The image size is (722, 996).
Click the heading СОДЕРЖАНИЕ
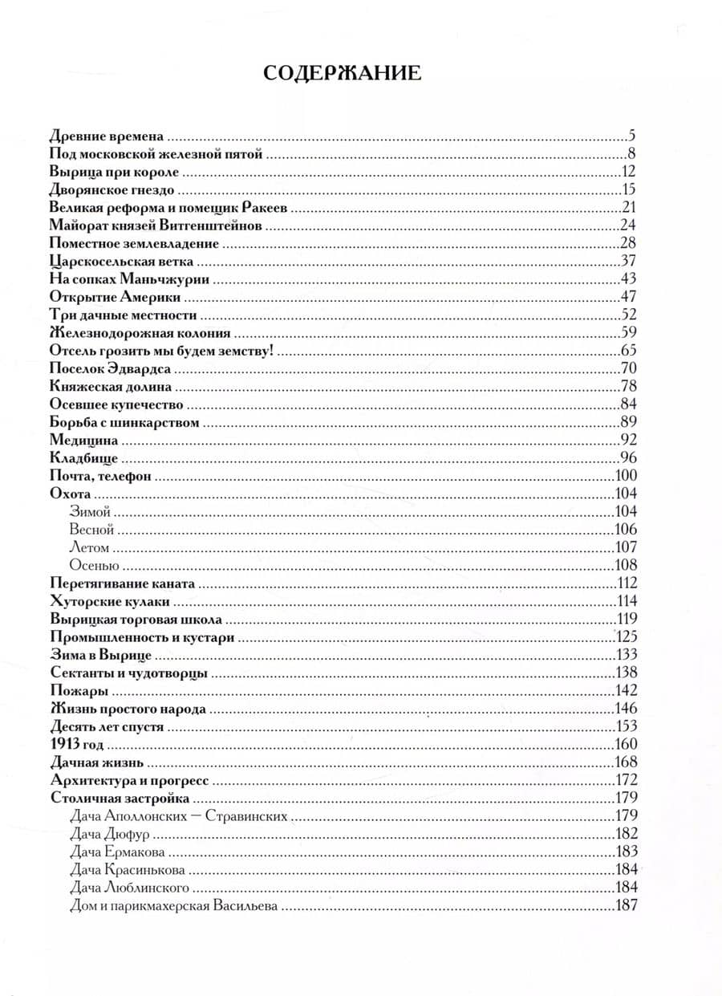click(342, 73)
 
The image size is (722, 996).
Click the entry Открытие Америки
click(115, 297)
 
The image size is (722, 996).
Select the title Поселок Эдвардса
click(111, 369)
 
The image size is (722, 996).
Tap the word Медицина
click(83, 440)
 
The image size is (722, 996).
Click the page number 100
click(625, 476)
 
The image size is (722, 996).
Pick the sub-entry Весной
click(92, 530)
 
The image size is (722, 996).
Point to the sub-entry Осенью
click(95, 565)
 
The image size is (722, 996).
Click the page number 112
click(625, 583)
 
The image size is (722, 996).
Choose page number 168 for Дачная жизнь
click(625, 762)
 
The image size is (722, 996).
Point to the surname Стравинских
click(249, 816)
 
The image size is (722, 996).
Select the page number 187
click(625, 905)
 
